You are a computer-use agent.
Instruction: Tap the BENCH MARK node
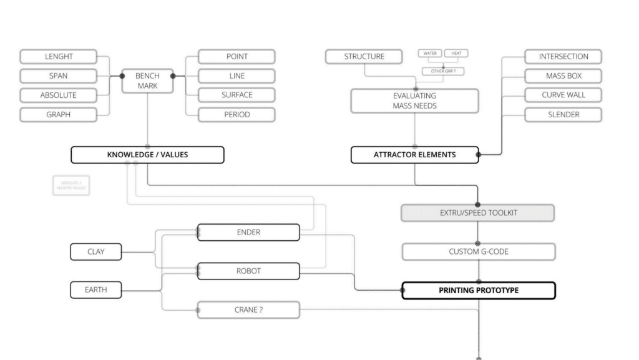[147, 80]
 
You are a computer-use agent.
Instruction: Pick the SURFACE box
[237, 95]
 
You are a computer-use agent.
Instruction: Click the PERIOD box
[237, 114]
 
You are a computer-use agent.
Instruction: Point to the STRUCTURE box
[364, 57]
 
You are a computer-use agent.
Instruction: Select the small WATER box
[429, 54]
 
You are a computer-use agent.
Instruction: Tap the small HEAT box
[456, 54]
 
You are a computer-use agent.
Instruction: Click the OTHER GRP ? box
[442, 71]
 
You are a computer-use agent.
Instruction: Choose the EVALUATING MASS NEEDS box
[414, 100]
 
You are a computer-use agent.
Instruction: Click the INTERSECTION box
[563, 57]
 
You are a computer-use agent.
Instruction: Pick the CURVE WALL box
[563, 95]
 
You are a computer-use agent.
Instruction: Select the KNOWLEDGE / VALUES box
[147, 155]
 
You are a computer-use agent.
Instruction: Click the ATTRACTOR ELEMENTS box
[414, 155]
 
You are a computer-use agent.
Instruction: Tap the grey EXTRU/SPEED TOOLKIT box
[477, 213]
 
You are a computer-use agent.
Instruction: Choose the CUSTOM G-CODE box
[477, 252]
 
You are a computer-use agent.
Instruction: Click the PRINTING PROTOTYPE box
[477, 291]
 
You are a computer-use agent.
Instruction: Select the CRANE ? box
[248, 309]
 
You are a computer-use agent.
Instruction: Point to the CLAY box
[95, 252]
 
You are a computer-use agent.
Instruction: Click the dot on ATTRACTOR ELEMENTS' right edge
[479, 155]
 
